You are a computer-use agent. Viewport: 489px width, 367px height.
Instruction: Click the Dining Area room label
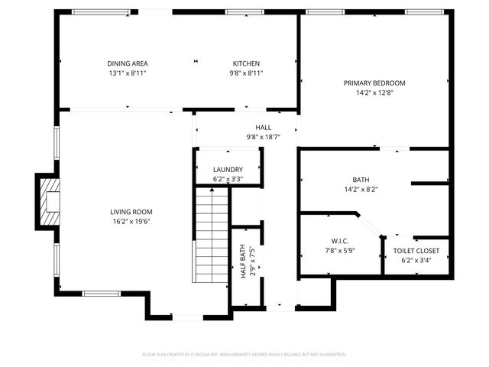(x=127, y=63)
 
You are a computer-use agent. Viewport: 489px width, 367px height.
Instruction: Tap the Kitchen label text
(x=246, y=63)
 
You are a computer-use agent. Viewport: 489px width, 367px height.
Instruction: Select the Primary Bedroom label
(x=374, y=83)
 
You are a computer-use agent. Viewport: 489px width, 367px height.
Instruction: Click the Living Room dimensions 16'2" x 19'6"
(x=127, y=222)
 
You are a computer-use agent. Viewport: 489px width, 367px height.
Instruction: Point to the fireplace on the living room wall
(x=49, y=200)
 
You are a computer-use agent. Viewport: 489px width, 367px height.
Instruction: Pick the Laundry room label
(x=228, y=170)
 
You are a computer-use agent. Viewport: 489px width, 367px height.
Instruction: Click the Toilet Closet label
(x=416, y=251)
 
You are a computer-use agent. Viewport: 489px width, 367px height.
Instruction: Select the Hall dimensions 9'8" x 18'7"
(x=263, y=137)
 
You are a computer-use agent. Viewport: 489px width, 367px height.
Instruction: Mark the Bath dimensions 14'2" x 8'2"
(x=361, y=189)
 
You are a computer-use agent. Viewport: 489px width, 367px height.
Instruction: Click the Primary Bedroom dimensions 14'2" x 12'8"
(x=374, y=93)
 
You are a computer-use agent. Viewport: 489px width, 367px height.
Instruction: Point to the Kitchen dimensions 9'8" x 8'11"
(x=246, y=73)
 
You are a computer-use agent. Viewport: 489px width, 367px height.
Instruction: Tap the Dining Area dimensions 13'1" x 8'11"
(x=127, y=73)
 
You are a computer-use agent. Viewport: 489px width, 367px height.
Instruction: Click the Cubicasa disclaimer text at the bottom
(x=244, y=354)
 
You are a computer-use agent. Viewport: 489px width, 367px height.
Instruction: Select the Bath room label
(x=361, y=180)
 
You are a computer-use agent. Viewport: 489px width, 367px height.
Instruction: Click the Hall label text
(x=263, y=128)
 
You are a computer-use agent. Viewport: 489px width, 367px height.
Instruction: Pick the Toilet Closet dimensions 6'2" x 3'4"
(x=416, y=260)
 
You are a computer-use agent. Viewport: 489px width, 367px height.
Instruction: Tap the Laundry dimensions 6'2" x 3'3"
(x=228, y=179)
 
